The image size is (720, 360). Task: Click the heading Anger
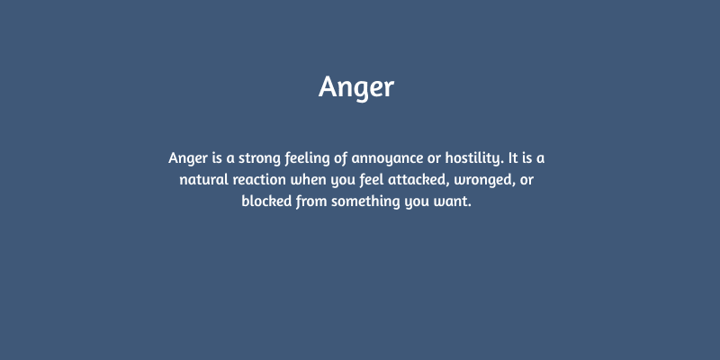tap(356, 87)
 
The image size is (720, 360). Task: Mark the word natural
tap(202, 180)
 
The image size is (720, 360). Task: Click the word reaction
tap(261, 180)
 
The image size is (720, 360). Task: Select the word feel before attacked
tap(378, 180)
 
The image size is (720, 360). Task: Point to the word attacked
tap(426, 180)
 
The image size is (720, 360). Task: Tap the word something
tap(367, 202)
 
